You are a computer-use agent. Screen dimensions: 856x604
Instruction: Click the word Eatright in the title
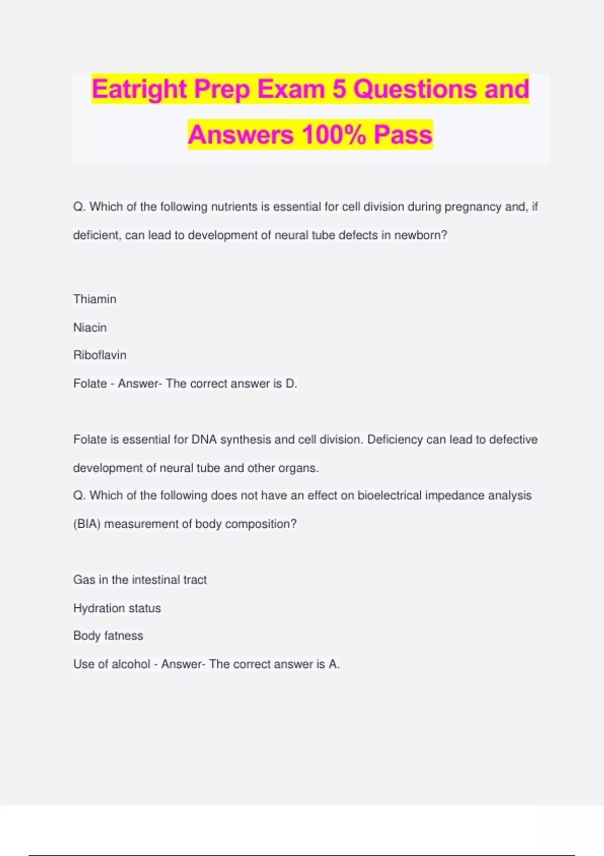point(139,90)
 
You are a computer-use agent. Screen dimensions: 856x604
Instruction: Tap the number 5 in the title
point(339,90)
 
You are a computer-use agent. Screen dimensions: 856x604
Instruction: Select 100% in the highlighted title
point(333,135)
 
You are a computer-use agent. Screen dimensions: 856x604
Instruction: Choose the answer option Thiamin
point(95,299)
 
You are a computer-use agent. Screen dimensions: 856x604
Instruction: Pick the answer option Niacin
point(90,328)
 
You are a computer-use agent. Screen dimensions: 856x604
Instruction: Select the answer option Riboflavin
point(100,355)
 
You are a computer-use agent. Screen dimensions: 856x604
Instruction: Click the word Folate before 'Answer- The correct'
point(90,384)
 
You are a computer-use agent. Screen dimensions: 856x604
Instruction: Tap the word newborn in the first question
point(418,235)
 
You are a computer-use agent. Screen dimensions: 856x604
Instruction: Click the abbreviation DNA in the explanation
point(204,440)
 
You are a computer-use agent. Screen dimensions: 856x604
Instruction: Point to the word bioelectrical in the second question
point(389,495)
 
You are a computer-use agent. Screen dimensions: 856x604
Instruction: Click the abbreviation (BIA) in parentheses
point(87,524)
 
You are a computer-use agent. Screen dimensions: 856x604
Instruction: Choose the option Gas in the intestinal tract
point(140,580)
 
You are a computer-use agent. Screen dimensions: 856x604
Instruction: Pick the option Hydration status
point(117,608)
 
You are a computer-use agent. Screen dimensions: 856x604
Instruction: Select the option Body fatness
point(108,636)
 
